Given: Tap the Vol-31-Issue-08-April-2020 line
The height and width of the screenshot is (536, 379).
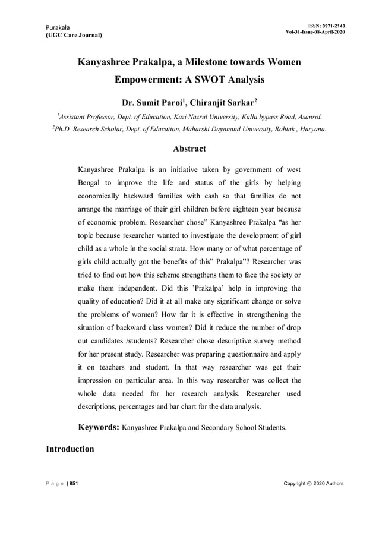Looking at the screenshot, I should coord(315,32).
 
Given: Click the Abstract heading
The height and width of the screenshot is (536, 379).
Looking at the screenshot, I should coord(190,149).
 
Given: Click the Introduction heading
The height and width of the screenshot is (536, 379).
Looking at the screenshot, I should coord(70,449).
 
